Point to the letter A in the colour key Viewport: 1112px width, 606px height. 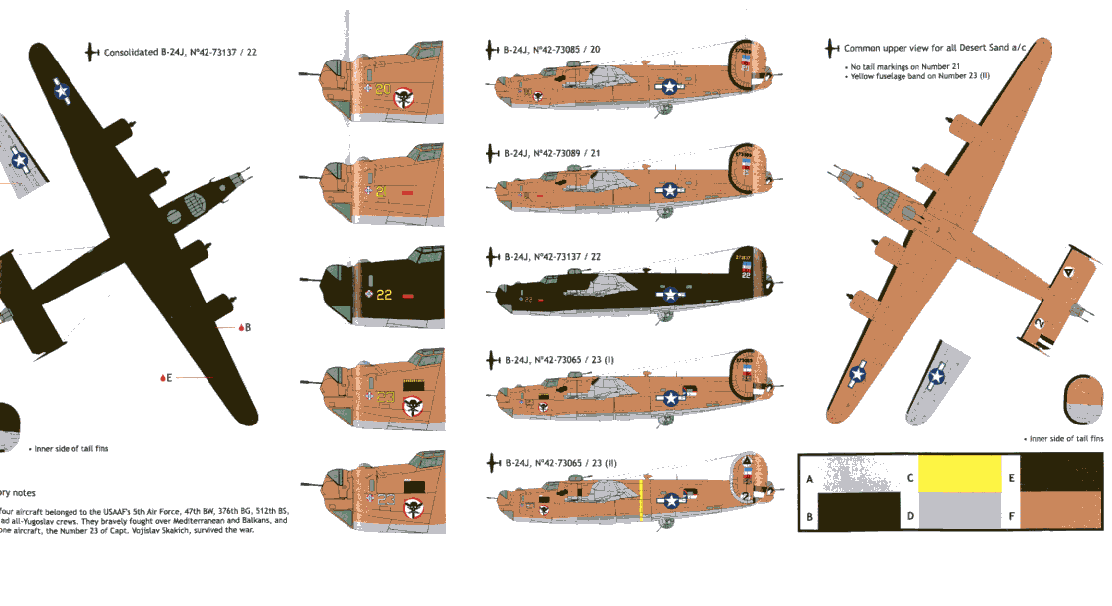[810, 478]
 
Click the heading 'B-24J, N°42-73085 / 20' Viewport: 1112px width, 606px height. [559, 49]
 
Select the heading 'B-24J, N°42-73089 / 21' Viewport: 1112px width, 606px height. [559, 153]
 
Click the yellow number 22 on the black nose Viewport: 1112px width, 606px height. [384, 294]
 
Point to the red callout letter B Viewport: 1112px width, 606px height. [247, 327]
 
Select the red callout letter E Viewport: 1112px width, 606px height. [169, 377]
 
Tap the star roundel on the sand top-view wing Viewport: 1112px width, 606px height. [857, 374]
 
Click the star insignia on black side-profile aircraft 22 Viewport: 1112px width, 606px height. [672, 294]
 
